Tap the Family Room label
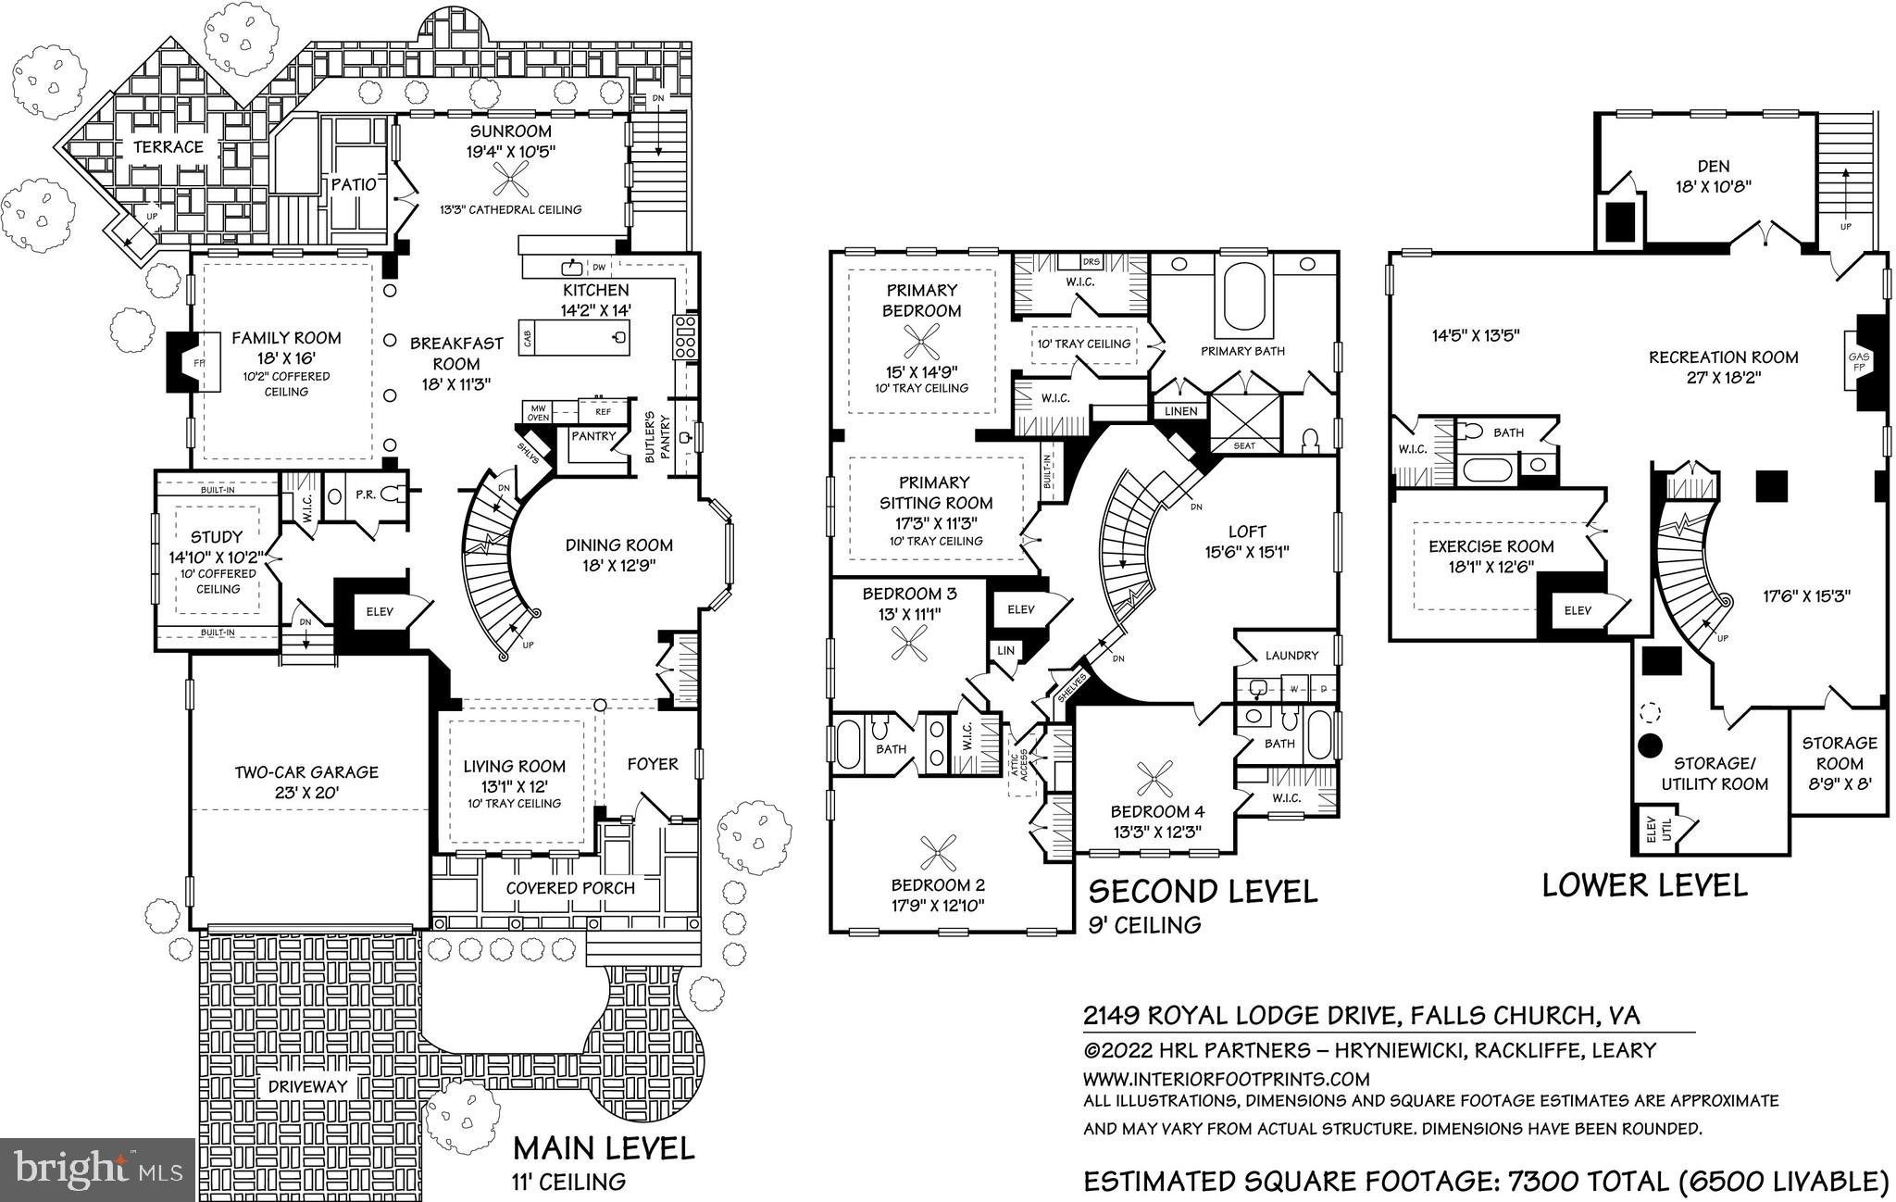tap(286, 339)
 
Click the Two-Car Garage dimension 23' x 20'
tap(306, 793)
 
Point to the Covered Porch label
tap(570, 888)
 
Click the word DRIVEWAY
tap(307, 1086)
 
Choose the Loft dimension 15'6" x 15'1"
tap(1246, 552)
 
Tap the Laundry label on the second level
tap(1291, 656)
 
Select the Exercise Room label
tap(1491, 546)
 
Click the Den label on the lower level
tap(1713, 167)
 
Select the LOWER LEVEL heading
tap(1644, 885)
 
